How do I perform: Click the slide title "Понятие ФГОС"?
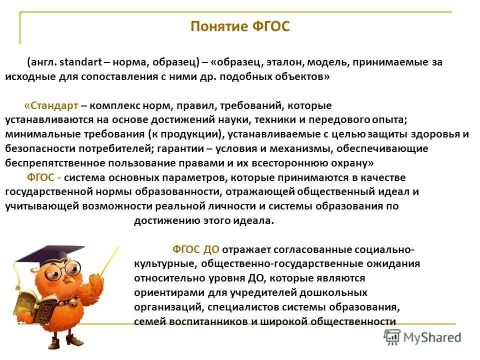[240, 26]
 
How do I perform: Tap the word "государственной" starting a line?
[43, 192]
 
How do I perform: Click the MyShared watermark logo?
[422, 336]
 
